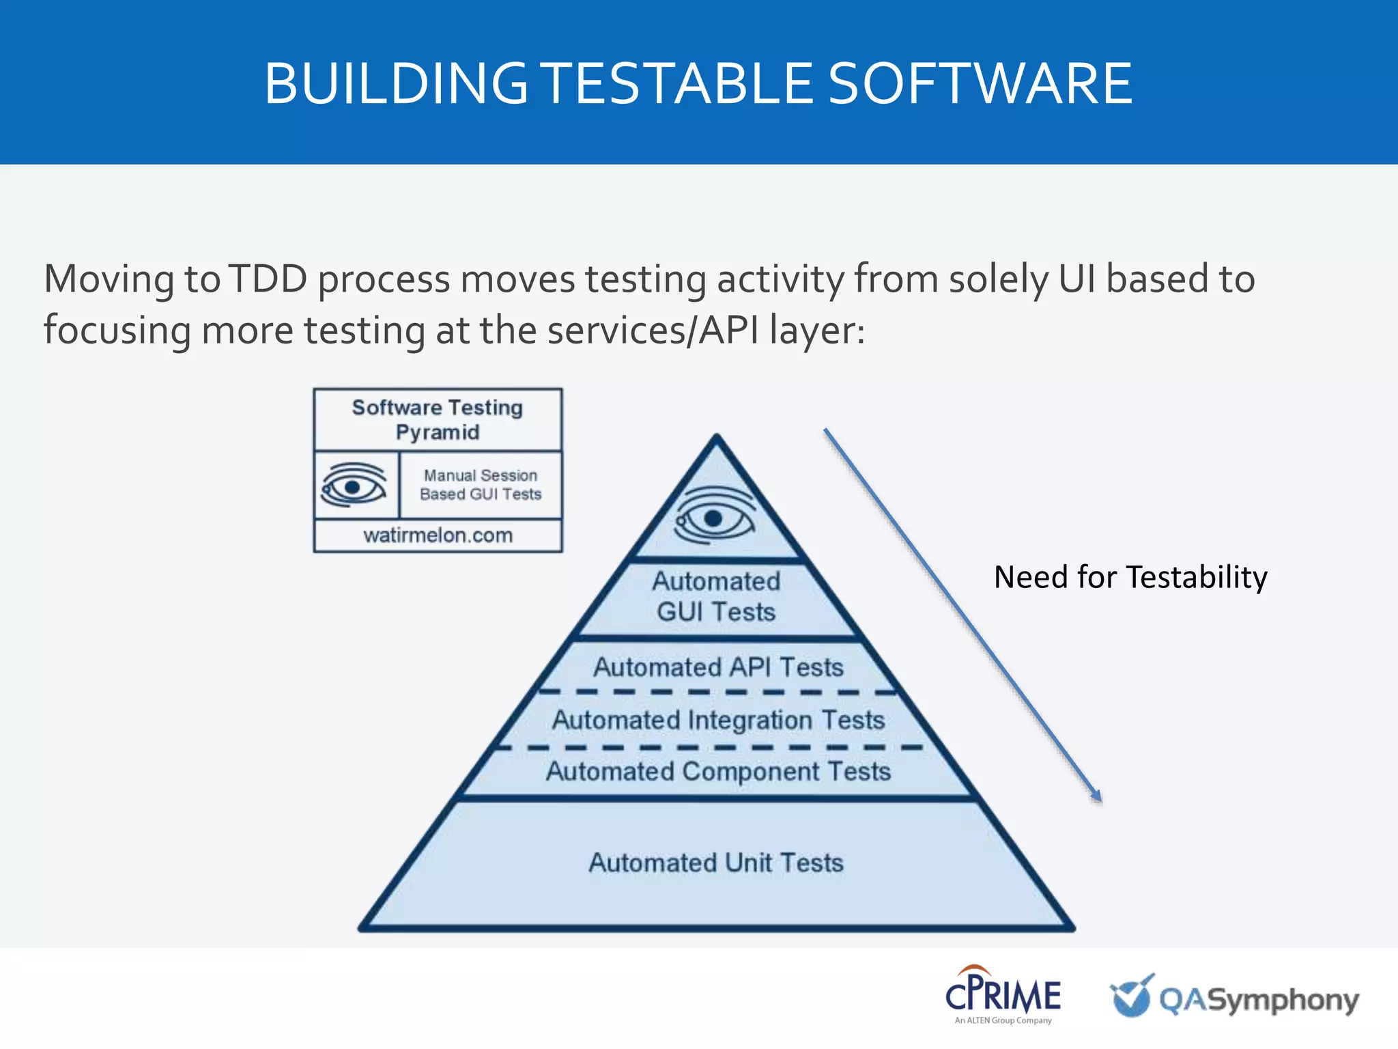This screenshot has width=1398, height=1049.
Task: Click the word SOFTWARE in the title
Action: [x=980, y=83]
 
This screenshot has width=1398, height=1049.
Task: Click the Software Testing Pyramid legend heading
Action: [x=438, y=419]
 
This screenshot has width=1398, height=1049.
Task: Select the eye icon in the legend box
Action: [x=354, y=485]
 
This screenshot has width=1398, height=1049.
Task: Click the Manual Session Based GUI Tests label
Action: [x=481, y=484]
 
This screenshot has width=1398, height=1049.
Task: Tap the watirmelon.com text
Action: [x=438, y=535]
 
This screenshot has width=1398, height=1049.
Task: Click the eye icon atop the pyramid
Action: [x=714, y=516]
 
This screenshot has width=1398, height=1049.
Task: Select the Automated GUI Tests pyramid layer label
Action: [x=716, y=596]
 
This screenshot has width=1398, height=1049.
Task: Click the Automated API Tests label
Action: [x=718, y=667]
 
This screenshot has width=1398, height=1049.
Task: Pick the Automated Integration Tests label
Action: [x=718, y=720]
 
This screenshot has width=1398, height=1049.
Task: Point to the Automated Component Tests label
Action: [x=718, y=772]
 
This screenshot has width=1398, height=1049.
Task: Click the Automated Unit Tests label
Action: [x=716, y=863]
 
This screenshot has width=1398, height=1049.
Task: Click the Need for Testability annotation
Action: [x=1130, y=577]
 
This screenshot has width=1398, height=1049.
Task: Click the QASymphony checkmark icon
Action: [x=1131, y=996]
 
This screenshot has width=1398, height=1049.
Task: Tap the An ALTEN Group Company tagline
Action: [x=1003, y=1020]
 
